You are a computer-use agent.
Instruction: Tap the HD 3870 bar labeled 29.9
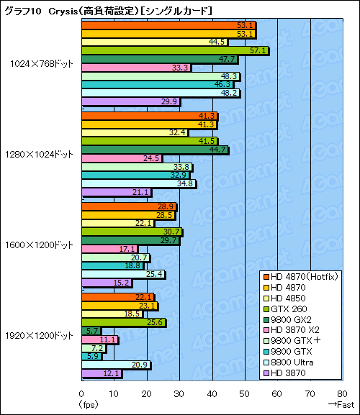pos(130,102)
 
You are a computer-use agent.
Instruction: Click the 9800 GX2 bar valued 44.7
pos(155,150)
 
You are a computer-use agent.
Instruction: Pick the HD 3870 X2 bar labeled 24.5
pos(122,158)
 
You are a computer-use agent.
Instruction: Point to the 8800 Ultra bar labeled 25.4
pos(123,274)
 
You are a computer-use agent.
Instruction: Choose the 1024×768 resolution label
pos(41,63)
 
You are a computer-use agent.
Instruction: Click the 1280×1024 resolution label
pos(40,154)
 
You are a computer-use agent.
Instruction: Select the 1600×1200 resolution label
pos(40,245)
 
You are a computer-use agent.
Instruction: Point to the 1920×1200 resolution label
pos(40,335)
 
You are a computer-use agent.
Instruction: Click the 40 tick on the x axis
pos(212,393)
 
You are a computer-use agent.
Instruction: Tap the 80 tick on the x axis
pos(341,393)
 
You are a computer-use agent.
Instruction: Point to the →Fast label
pos(341,405)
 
